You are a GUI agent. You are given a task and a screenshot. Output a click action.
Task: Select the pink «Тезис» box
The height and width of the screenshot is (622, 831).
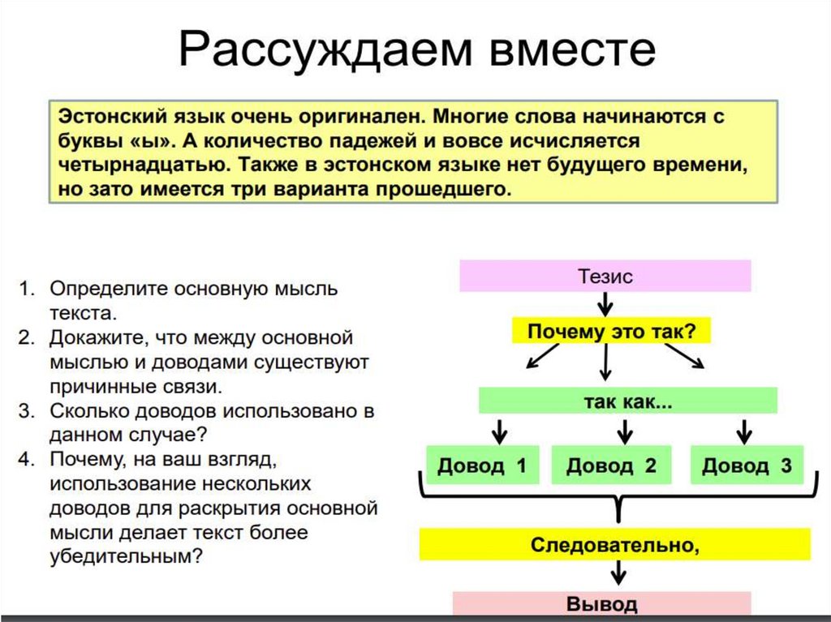click(x=605, y=276)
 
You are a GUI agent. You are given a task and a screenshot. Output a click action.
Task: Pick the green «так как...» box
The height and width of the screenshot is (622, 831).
click(x=628, y=401)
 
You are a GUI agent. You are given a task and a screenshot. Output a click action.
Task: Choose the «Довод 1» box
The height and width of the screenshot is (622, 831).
click(x=482, y=465)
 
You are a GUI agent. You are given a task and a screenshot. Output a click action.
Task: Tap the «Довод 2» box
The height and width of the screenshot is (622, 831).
click(x=610, y=465)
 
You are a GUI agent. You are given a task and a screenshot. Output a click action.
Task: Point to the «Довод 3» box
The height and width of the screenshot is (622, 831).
click(x=747, y=465)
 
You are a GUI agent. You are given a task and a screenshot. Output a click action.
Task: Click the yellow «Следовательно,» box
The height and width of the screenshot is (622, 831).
click(x=614, y=543)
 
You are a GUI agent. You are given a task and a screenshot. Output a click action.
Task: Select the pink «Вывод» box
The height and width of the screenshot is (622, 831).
click(x=601, y=603)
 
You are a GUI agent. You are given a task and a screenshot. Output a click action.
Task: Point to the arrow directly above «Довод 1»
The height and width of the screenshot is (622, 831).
click(x=500, y=430)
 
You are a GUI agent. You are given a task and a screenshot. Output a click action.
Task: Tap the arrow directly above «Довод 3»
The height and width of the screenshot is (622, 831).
click(x=742, y=430)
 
